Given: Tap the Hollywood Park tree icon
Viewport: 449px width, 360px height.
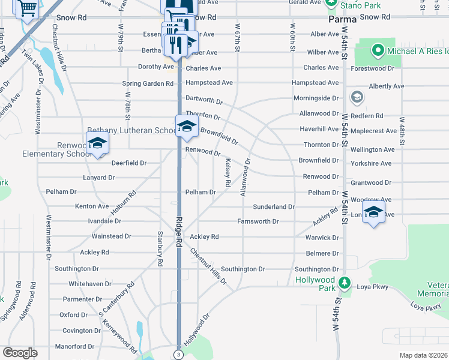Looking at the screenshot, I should click(345, 282).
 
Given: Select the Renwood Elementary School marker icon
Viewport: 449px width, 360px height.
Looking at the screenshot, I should click(97, 143).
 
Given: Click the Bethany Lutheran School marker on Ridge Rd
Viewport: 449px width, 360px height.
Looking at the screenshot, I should click(186, 125).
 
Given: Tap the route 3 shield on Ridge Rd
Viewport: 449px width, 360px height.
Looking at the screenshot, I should click(178, 354).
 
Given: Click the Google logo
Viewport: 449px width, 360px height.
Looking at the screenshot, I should click(20, 353).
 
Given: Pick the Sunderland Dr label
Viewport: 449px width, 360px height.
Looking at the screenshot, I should click(273, 206).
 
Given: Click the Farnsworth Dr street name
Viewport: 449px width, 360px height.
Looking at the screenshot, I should click(258, 221).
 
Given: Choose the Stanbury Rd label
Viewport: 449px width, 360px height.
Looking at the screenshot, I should click(160, 248).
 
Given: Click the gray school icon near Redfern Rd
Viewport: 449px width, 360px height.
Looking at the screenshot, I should click(357, 97).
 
